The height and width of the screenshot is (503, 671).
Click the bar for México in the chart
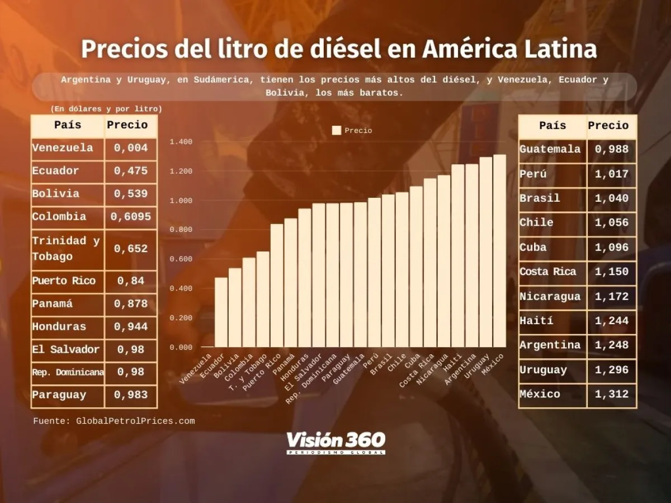(x=499, y=251)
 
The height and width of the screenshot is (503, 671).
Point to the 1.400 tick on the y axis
(x=181, y=142)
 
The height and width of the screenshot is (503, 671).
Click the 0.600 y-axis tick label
(x=181, y=259)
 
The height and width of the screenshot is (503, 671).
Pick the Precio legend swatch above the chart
(x=337, y=130)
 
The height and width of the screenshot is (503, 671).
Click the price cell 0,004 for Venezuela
(x=131, y=148)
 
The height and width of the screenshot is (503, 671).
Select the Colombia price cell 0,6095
(x=131, y=217)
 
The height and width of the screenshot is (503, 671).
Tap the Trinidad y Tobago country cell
(x=67, y=249)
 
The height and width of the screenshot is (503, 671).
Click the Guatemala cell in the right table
(x=550, y=149)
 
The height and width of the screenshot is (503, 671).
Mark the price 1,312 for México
(x=612, y=394)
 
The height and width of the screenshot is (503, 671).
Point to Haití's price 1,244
(x=612, y=321)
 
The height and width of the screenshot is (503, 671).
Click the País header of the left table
(x=68, y=125)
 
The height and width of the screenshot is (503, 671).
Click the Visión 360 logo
(x=336, y=442)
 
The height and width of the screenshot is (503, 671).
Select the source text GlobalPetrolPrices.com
(x=135, y=421)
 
